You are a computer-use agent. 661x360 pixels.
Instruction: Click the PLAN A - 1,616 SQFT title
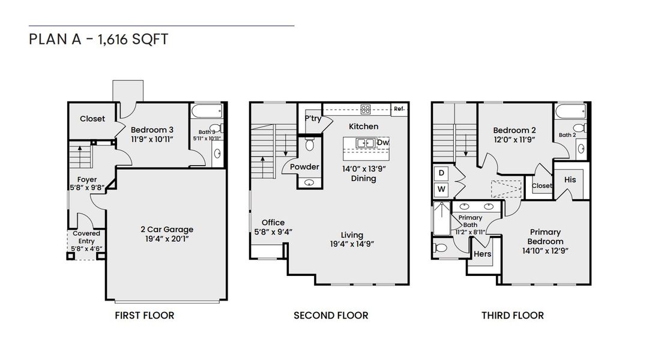(x=98, y=40)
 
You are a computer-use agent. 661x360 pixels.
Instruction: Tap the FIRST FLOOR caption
(x=144, y=315)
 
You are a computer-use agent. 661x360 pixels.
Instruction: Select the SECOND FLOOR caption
(x=330, y=315)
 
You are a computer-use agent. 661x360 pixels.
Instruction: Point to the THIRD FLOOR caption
(x=512, y=315)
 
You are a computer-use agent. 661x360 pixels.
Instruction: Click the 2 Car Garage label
(x=167, y=229)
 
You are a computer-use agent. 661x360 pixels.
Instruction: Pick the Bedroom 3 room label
(x=152, y=130)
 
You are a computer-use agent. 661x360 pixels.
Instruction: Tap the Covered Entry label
(x=86, y=237)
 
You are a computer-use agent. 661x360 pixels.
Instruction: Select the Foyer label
(x=87, y=179)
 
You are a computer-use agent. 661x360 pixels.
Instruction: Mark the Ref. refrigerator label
(x=399, y=109)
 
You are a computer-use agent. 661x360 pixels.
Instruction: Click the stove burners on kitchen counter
(x=366, y=109)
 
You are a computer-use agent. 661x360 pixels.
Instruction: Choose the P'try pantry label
(x=313, y=119)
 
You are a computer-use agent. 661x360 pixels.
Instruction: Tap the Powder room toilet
(x=310, y=144)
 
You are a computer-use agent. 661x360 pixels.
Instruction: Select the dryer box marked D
(x=441, y=173)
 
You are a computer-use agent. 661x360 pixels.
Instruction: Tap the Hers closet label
(x=483, y=254)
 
